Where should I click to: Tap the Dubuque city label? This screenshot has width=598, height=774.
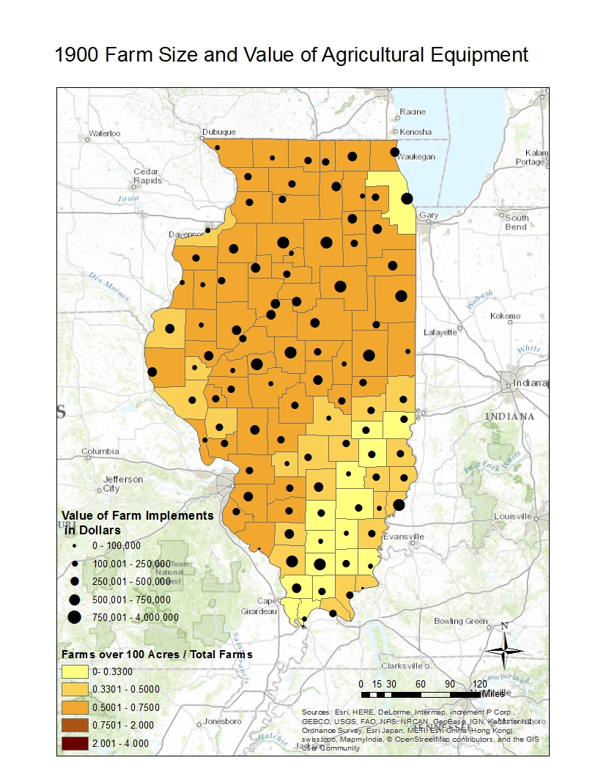(218, 132)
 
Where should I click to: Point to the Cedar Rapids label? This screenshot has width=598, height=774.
(147, 176)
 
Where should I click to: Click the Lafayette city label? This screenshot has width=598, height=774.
(440, 331)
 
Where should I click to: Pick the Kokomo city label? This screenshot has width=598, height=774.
(505, 316)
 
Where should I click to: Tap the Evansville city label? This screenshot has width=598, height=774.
(404, 537)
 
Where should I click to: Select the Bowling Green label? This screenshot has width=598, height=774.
(460, 621)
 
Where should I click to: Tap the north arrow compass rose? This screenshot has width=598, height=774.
(504, 647)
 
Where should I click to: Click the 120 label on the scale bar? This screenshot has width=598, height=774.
(479, 684)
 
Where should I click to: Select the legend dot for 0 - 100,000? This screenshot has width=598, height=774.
(75, 546)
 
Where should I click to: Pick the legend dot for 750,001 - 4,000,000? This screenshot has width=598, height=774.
(75, 617)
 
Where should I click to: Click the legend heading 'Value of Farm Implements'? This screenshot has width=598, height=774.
(138, 515)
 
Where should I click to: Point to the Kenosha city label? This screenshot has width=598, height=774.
(416, 132)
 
